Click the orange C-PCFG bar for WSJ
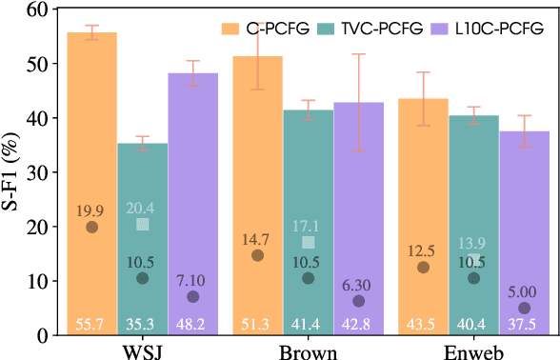[92, 143]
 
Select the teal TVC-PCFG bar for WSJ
[143, 190]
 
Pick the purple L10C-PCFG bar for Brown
[358, 171]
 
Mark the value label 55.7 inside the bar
[92, 326]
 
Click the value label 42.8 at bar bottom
[358, 326]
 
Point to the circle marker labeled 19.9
[92, 227]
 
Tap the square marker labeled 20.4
[143, 225]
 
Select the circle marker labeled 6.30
[358, 301]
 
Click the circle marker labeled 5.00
[525, 308]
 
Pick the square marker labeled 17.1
[308, 243]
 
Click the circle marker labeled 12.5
[423, 268]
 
